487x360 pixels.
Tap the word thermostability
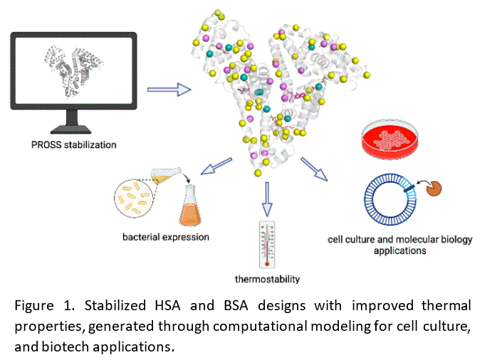tap(267, 278)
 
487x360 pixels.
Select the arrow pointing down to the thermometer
tap(267, 198)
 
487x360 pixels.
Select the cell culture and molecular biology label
tap(399, 245)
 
